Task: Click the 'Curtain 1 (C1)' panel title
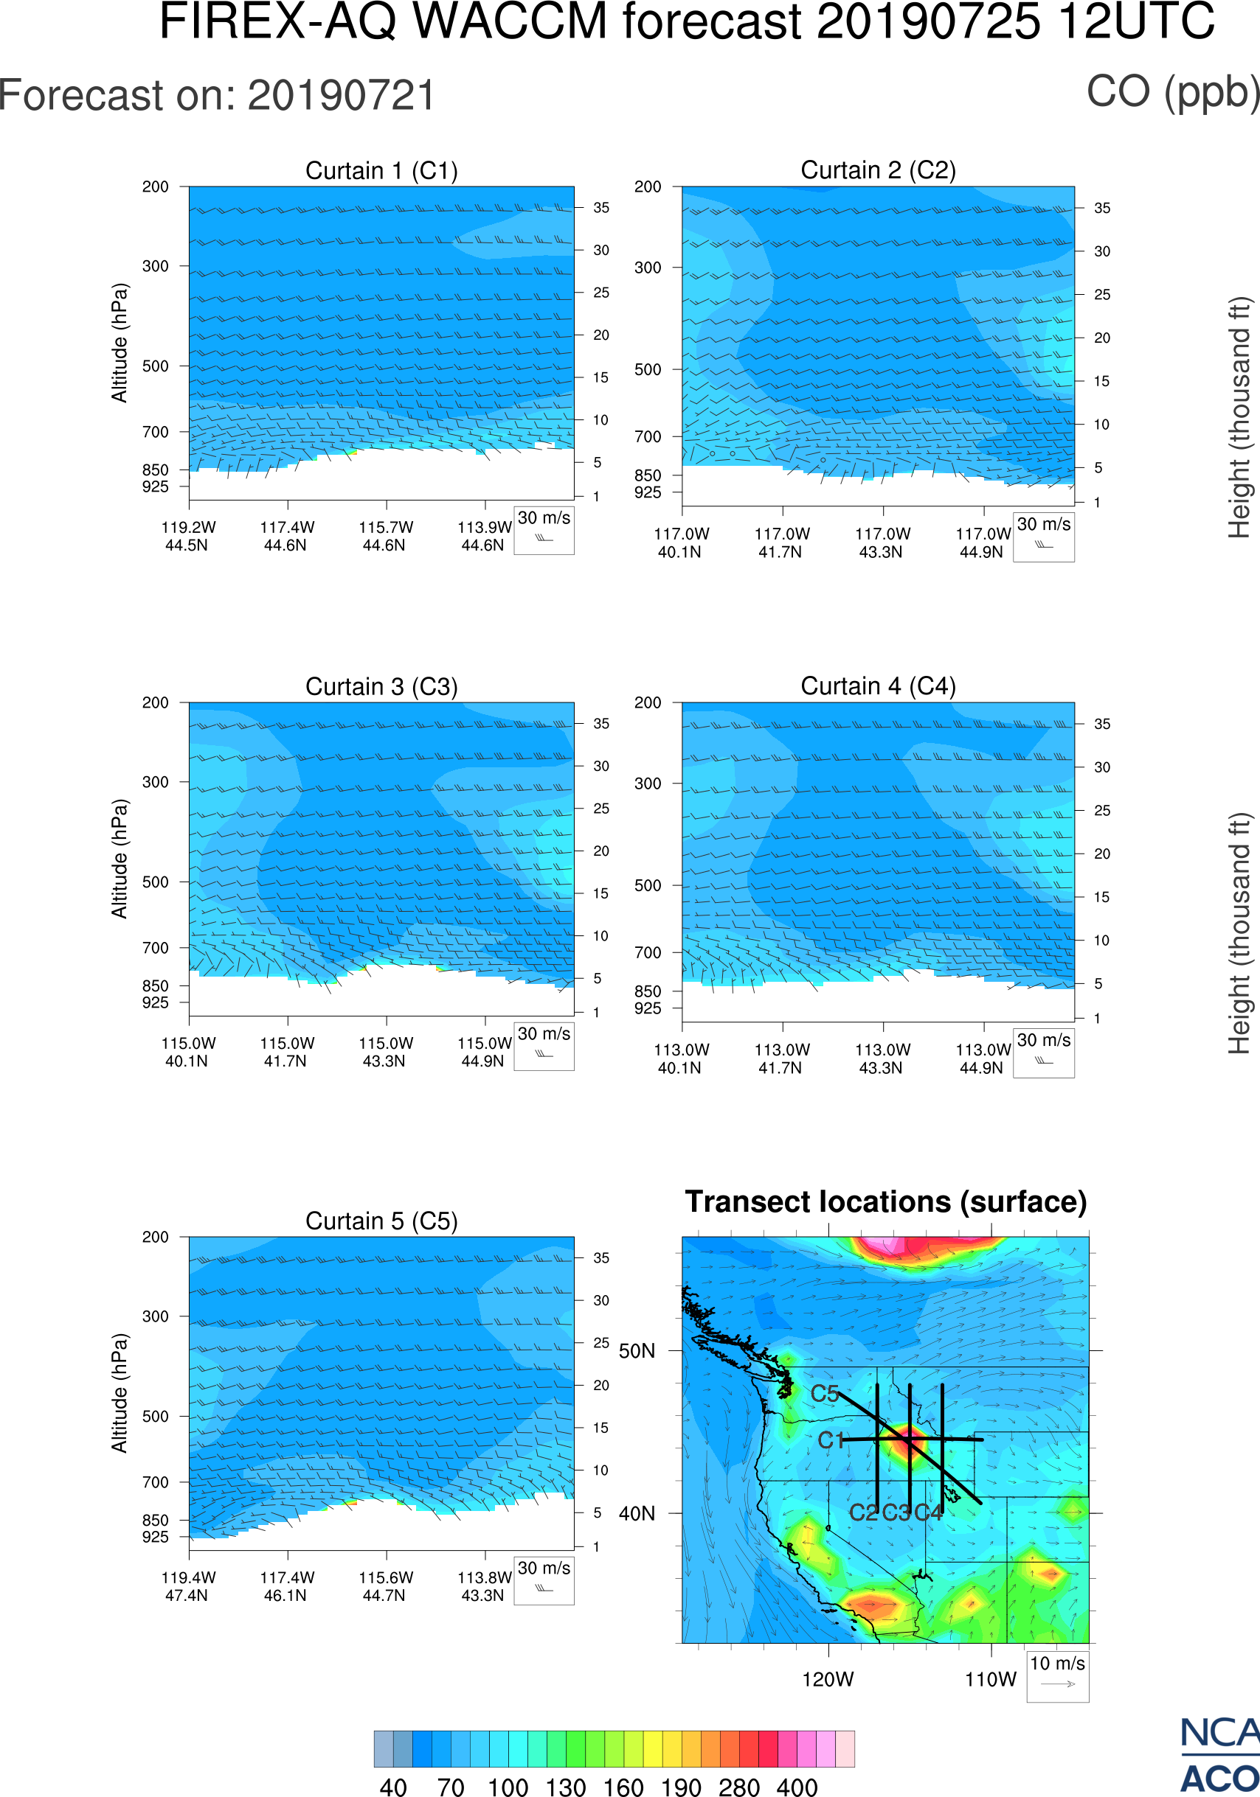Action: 381,170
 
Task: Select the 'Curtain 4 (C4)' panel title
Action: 878,686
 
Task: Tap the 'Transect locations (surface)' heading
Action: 886,1201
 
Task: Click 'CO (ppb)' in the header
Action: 1172,92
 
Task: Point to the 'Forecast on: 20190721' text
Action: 217,96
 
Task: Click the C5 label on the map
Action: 825,1394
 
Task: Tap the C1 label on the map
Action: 831,1441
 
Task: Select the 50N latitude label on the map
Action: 637,1352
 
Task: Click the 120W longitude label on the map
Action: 828,1680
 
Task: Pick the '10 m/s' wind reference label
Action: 1057,1664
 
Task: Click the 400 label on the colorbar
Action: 797,1787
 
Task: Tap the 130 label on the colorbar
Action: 565,1787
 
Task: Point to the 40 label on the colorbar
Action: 393,1787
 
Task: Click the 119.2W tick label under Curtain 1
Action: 188,528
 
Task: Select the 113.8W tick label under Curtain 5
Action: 484,1578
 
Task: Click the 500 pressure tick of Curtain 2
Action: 648,369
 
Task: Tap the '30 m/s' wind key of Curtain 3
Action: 544,1034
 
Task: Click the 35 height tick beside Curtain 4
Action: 1102,724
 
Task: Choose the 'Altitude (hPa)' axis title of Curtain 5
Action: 119,1393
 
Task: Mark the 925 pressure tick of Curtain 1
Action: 155,486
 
